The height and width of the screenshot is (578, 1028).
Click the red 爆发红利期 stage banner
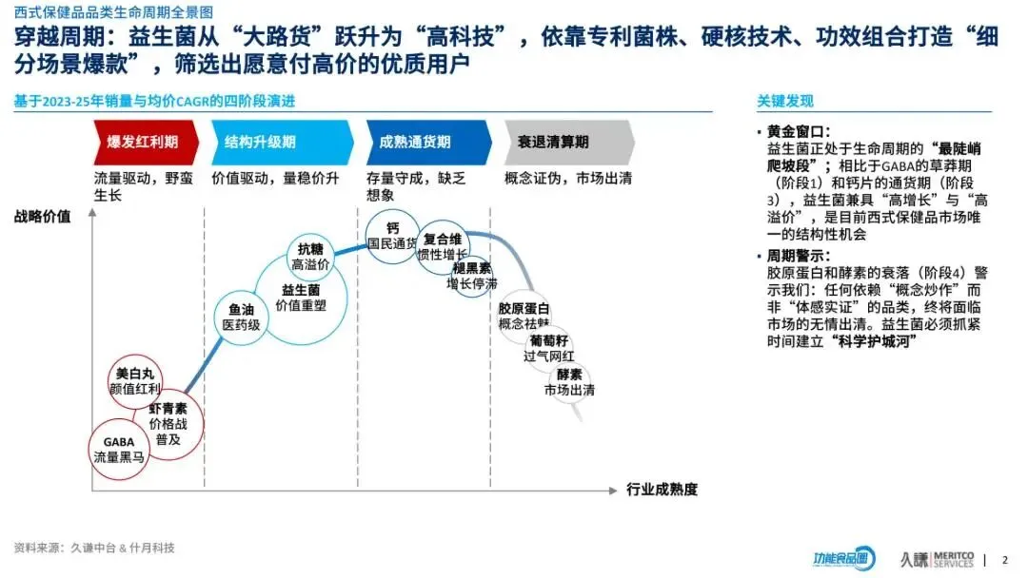[x=146, y=143]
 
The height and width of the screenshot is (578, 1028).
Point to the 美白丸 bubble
[x=134, y=381]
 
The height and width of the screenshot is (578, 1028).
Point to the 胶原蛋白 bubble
[x=524, y=317]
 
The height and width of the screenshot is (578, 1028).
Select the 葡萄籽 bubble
[x=549, y=348]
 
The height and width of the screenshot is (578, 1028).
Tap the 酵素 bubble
[x=569, y=382]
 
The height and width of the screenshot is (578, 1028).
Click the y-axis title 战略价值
[x=43, y=216]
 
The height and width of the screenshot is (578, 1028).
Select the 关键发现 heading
[x=785, y=102]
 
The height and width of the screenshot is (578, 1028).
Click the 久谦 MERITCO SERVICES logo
[x=937, y=559]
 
